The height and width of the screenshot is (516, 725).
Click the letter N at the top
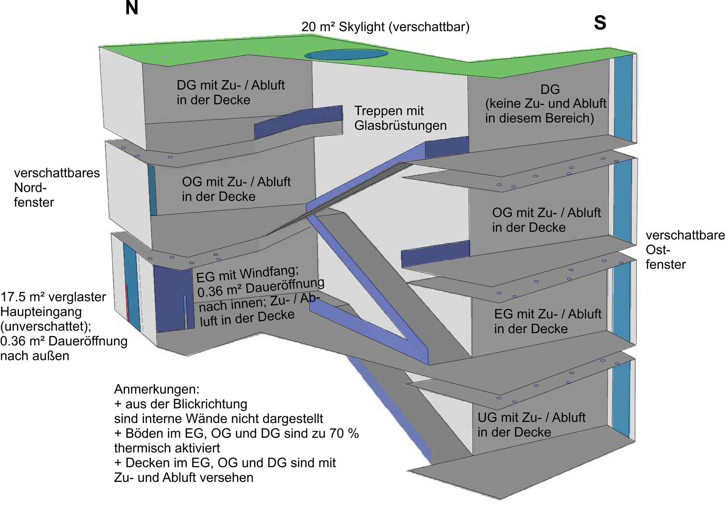[x=131, y=8]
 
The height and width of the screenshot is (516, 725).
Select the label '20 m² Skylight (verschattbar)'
[x=385, y=27]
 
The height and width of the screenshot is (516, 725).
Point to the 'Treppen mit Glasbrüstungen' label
[x=400, y=118]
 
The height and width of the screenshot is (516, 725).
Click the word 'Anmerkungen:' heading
[x=157, y=389]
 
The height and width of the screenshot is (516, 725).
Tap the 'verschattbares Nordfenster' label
[x=57, y=187]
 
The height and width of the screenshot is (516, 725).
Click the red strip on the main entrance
[x=128, y=302]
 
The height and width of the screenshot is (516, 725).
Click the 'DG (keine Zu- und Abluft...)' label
[x=546, y=104]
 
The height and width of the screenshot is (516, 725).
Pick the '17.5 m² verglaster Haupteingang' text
[x=53, y=297]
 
